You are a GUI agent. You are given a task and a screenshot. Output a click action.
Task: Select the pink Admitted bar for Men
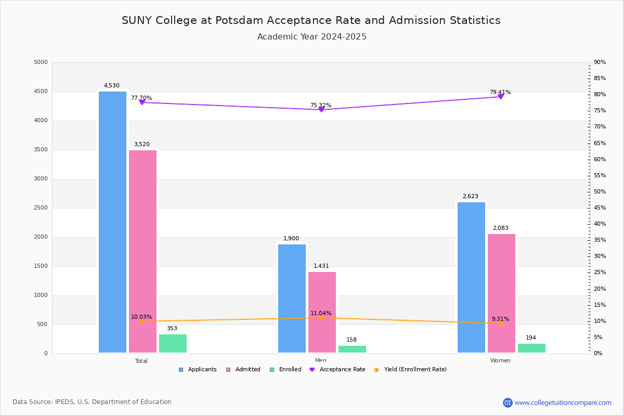[322, 312]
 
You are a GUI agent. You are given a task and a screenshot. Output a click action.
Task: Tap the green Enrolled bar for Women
[531, 348]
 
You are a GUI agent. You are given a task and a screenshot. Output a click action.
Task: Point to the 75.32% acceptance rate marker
[321, 110]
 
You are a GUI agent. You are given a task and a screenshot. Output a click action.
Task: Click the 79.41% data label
[500, 93]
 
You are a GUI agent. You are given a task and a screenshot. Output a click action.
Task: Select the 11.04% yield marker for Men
[321, 318]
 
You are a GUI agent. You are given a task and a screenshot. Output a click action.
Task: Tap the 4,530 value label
[111, 86]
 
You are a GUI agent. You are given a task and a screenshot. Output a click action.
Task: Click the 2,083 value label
[500, 228]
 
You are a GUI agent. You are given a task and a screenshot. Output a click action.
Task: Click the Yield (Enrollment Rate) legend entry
[414, 370]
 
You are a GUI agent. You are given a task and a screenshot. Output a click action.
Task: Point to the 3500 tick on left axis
[41, 150]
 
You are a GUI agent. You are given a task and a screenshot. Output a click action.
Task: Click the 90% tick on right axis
[600, 62]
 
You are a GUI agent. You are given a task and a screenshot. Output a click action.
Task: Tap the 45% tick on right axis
[600, 208]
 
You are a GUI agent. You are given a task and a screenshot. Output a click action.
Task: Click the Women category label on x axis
[500, 361]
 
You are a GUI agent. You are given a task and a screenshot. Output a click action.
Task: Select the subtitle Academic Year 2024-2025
[312, 37]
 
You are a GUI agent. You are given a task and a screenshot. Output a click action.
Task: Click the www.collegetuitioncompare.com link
[563, 402]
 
